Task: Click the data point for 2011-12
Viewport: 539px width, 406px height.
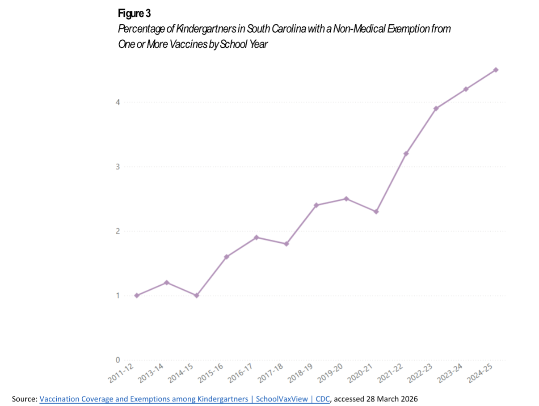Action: tap(137, 296)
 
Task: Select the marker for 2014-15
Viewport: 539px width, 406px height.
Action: tap(197, 296)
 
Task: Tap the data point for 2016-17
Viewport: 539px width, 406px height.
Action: tap(257, 237)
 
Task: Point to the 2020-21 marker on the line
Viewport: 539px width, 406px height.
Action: tap(376, 211)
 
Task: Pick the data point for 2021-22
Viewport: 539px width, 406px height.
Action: tap(406, 153)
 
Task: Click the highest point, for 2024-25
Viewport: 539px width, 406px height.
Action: tap(496, 70)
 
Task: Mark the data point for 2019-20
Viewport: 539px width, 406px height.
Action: tap(346, 199)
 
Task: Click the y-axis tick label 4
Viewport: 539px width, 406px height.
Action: tap(118, 102)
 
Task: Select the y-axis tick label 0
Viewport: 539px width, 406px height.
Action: tap(118, 360)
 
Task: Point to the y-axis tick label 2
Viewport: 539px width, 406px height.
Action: tap(118, 231)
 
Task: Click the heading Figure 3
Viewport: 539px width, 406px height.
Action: tap(131, 14)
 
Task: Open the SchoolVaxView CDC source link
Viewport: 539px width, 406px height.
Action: tap(185, 398)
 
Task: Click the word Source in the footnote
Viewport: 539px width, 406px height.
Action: tap(24, 398)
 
